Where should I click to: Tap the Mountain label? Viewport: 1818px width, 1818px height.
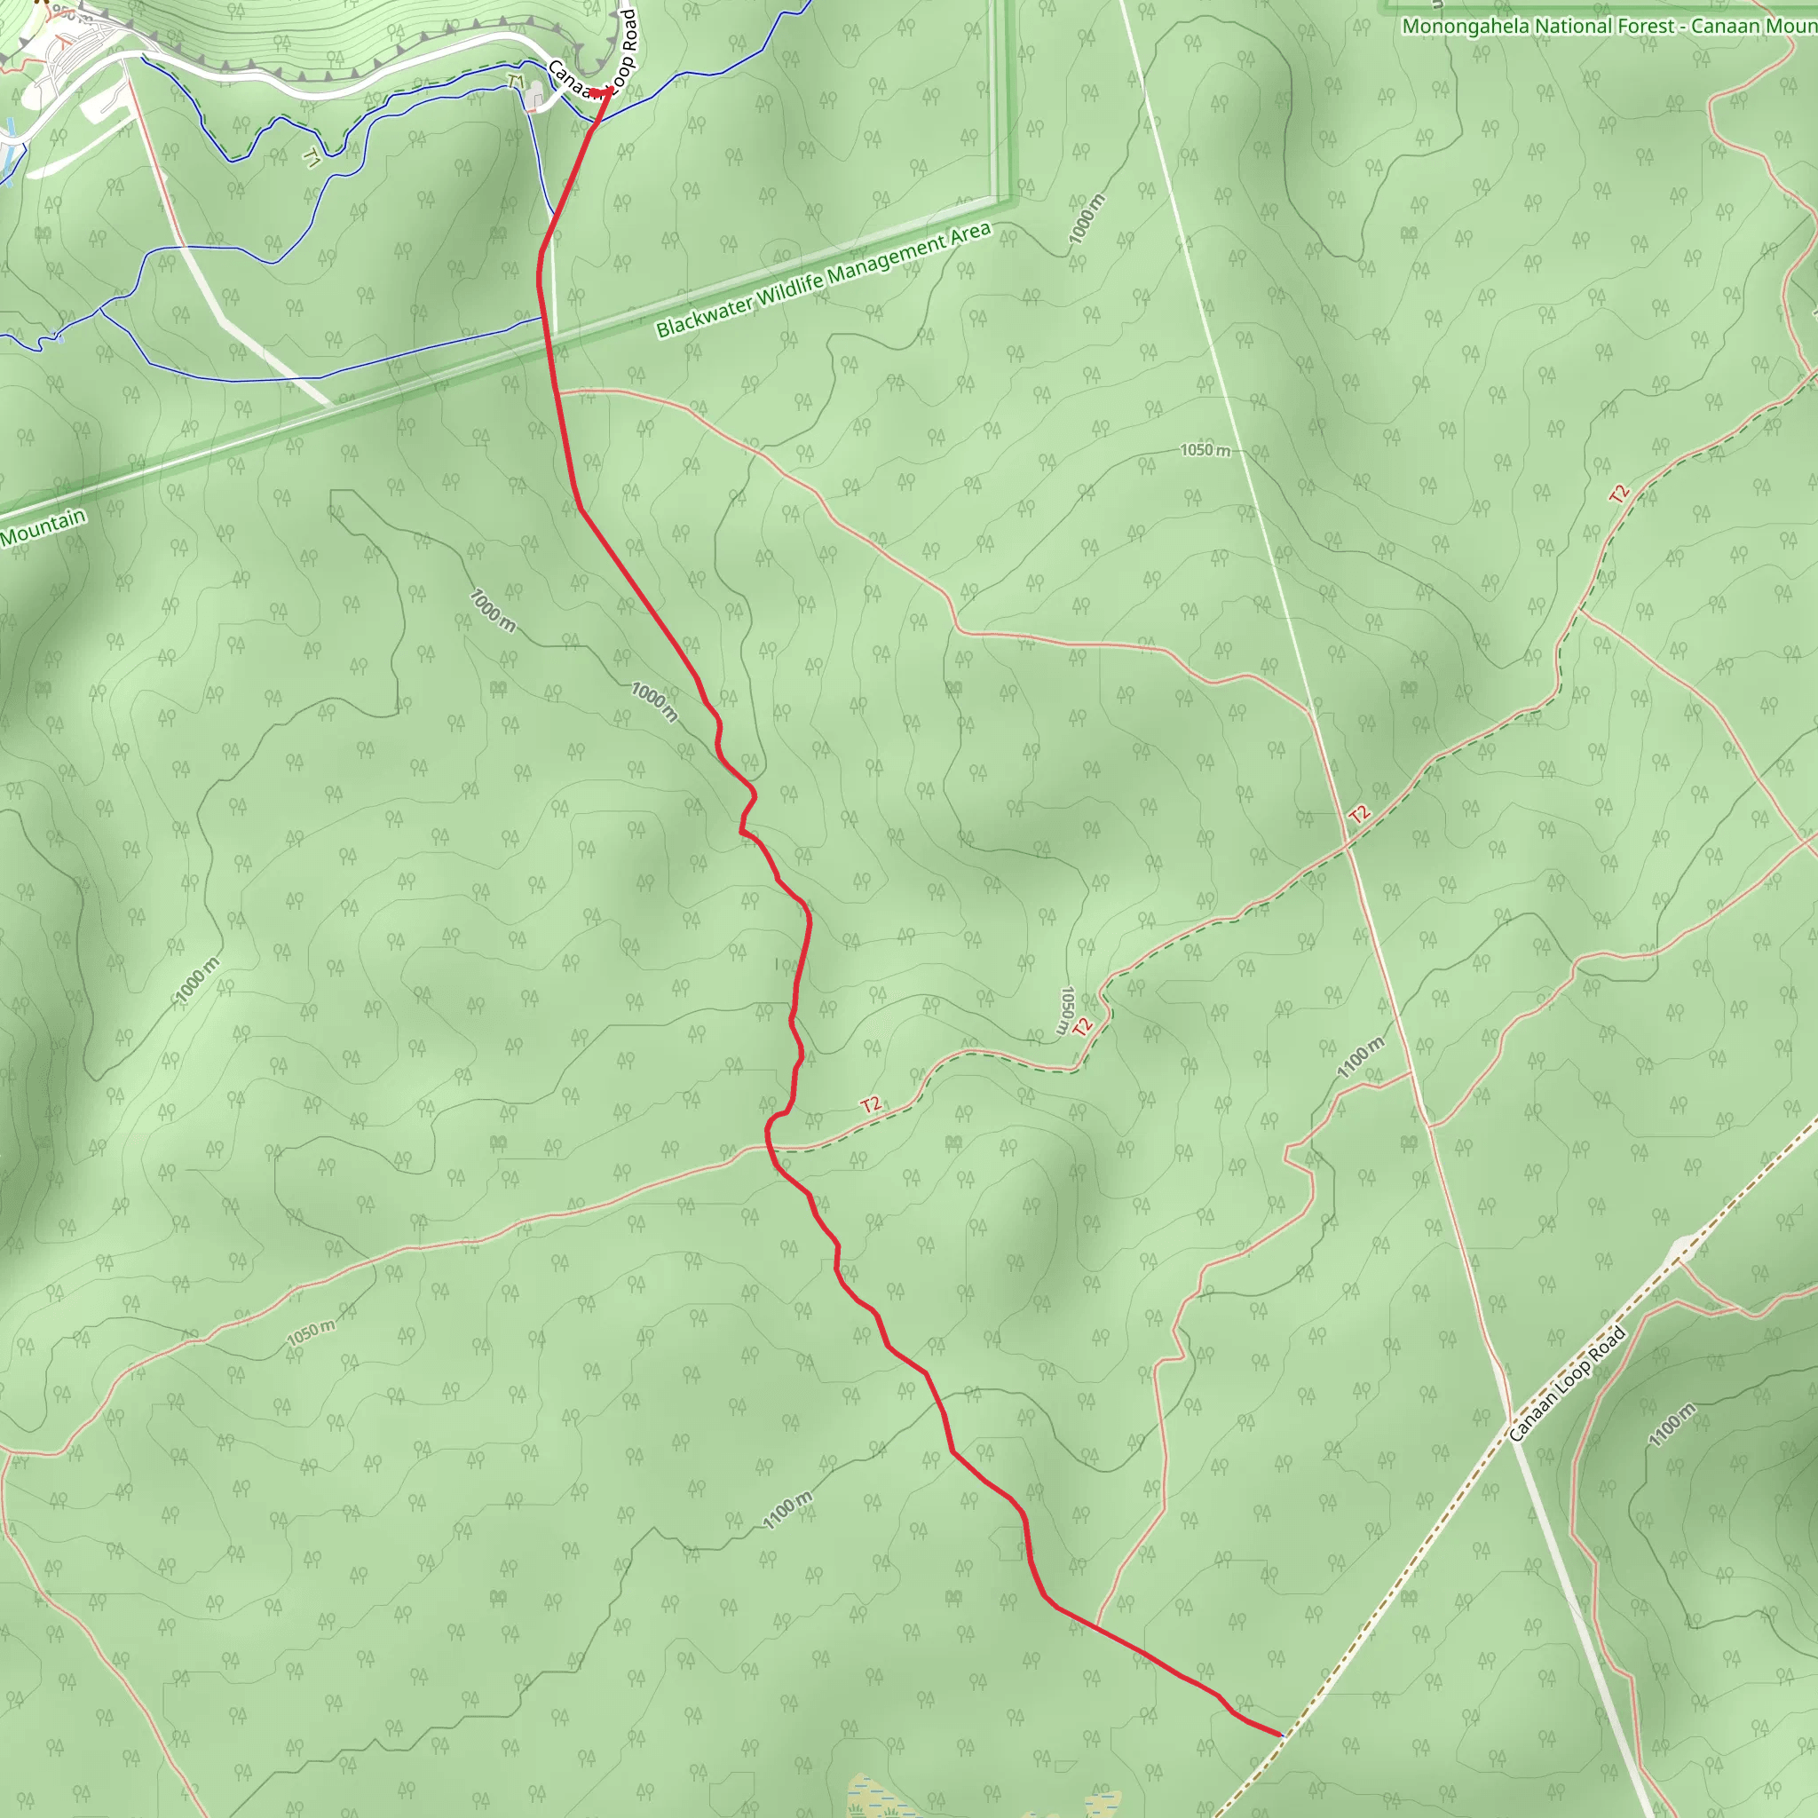pyautogui.click(x=43, y=529)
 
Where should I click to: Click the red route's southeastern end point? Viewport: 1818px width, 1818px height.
pyautogui.click(x=1281, y=1734)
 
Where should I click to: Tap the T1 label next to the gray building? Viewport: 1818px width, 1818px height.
pyautogui.click(x=515, y=83)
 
